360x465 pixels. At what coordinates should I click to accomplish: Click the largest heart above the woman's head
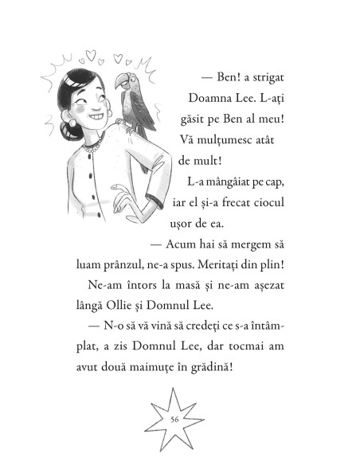[90, 57]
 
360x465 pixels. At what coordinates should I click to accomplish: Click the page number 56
[174, 420]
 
